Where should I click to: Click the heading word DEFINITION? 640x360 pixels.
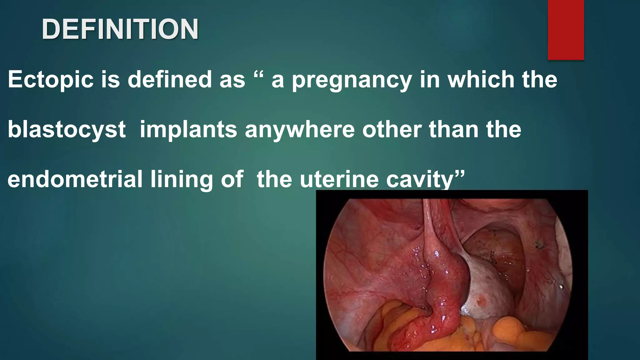[x=120, y=29]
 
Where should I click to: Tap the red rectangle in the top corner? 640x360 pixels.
[x=566, y=30]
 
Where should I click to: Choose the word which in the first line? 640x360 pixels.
[x=482, y=79]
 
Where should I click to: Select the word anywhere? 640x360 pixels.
[x=300, y=130]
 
